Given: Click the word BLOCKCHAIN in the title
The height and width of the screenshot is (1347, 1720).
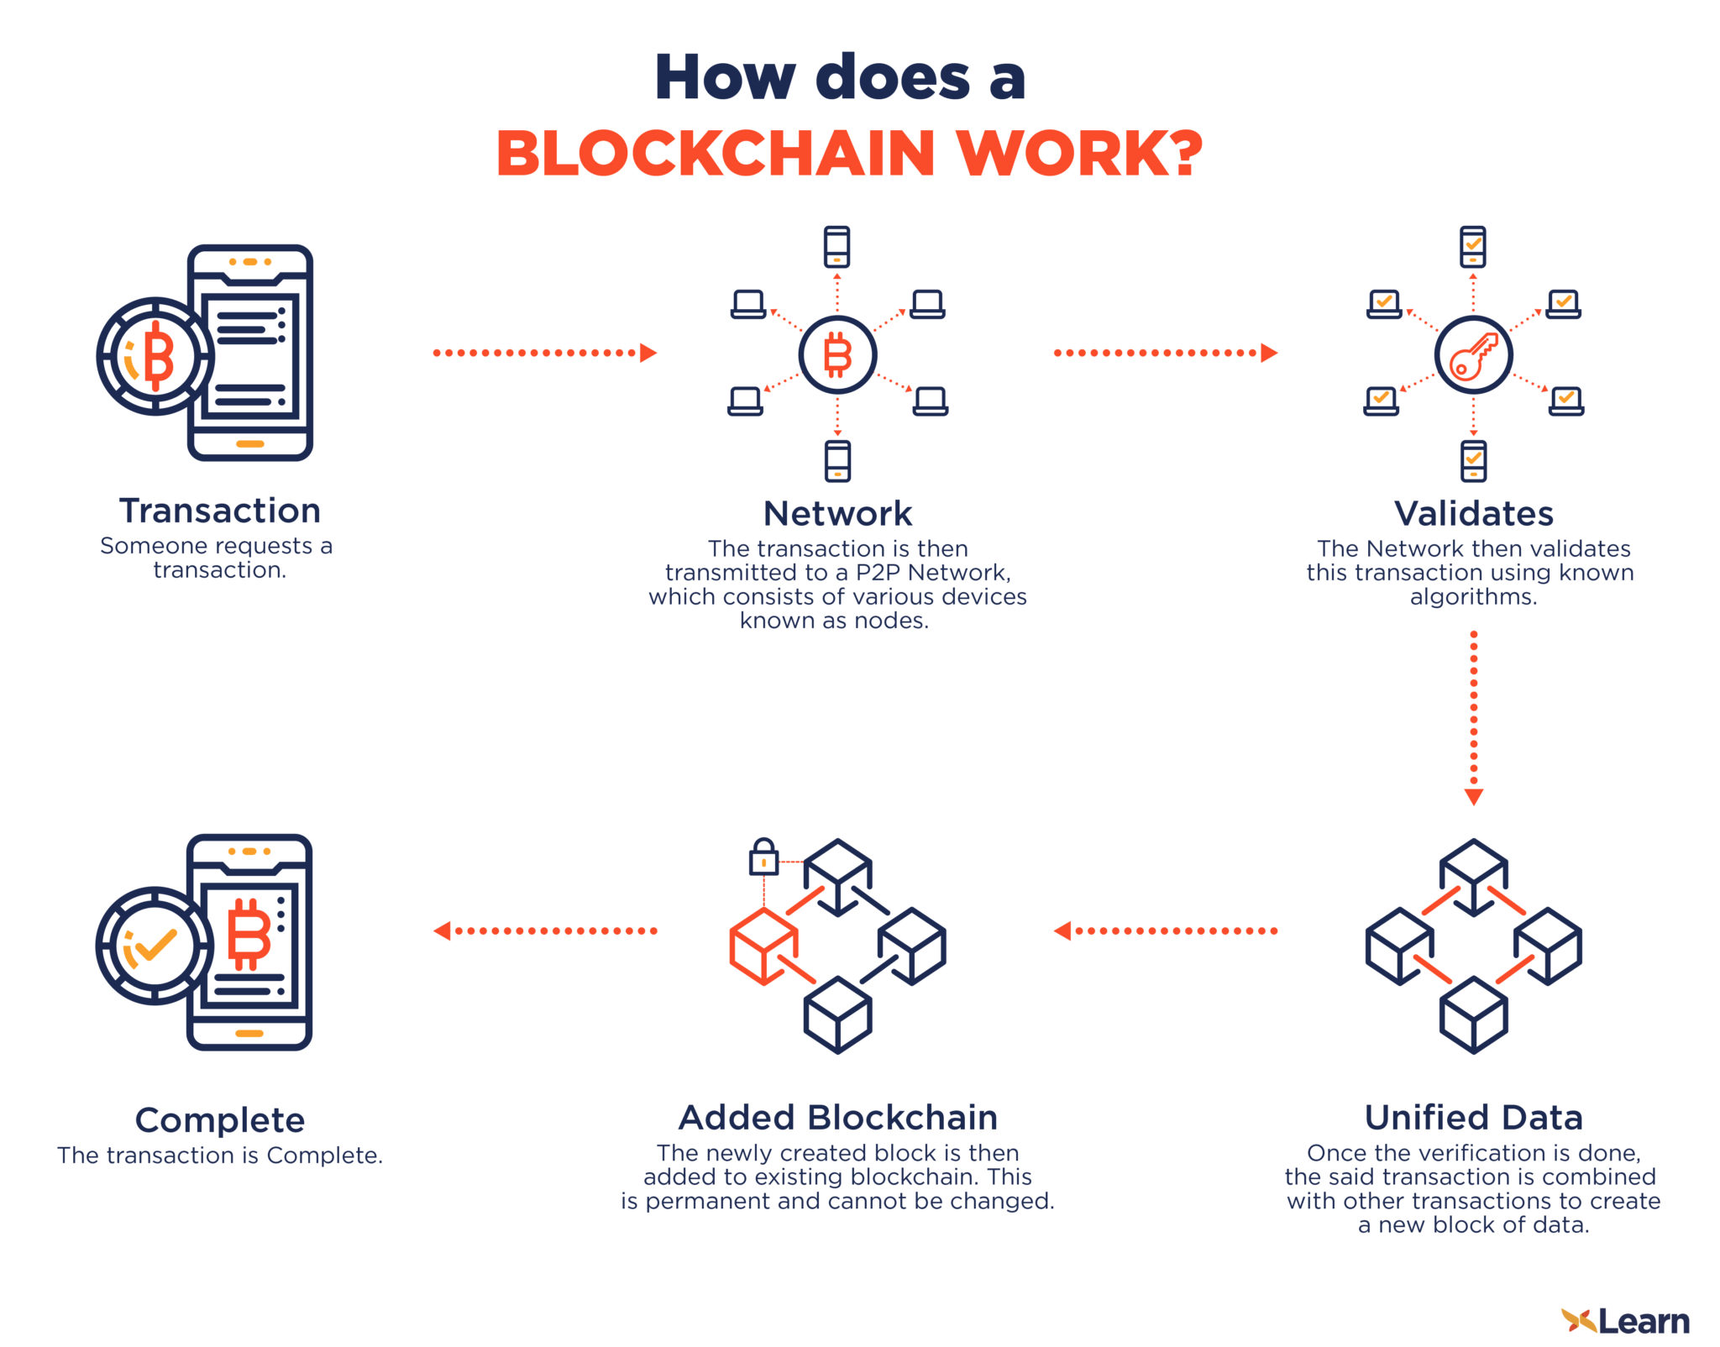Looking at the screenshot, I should (715, 154).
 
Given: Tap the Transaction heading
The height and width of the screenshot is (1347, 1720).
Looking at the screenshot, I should (220, 511).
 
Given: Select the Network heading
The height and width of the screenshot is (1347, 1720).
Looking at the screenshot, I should (837, 513).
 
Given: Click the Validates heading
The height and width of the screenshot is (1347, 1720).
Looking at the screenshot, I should (1473, 513).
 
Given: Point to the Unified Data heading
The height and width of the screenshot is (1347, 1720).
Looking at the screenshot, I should (1473, 1118).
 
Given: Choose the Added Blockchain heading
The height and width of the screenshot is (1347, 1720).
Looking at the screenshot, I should (837, 1118).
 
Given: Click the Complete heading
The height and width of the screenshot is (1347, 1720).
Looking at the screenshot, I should (220, 1120).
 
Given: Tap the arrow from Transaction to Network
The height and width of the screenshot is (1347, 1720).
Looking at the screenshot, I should (544, 353).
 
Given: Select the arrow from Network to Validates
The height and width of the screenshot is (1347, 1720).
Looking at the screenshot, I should (1166, 353).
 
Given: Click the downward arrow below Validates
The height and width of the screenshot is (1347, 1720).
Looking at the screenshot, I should (1473, 718).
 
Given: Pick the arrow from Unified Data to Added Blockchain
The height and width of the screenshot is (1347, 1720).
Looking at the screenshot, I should (1166, 930).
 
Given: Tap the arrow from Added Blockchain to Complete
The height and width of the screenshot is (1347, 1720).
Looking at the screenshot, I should (544, 930).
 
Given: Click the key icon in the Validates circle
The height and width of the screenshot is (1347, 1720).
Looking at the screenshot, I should (1473, 355).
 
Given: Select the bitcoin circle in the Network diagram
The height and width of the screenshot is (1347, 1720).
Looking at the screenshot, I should (837, 354).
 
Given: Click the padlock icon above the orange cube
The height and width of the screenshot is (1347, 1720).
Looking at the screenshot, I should (763, 857).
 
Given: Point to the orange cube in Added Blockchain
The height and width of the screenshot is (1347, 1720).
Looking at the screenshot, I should (763, 946).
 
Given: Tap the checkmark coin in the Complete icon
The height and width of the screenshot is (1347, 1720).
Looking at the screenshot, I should (155, 946).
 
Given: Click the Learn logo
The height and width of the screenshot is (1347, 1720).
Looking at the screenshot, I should (1625, 1321).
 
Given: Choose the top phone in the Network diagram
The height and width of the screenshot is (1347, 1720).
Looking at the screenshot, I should (836, 247).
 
